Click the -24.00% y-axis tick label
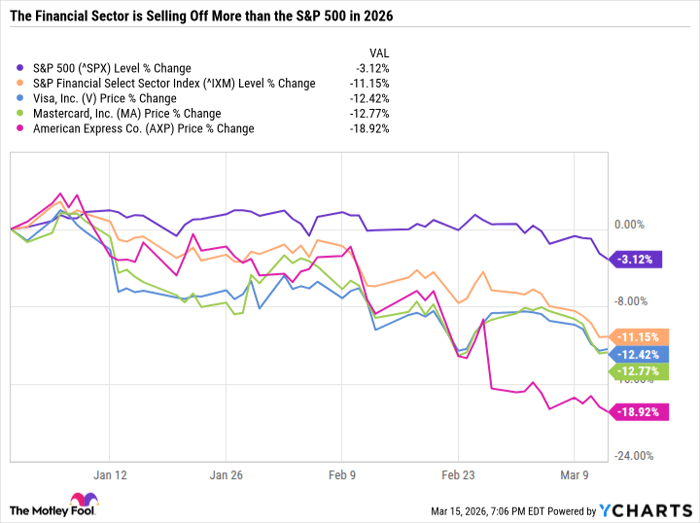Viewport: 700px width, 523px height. pos(636,456)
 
